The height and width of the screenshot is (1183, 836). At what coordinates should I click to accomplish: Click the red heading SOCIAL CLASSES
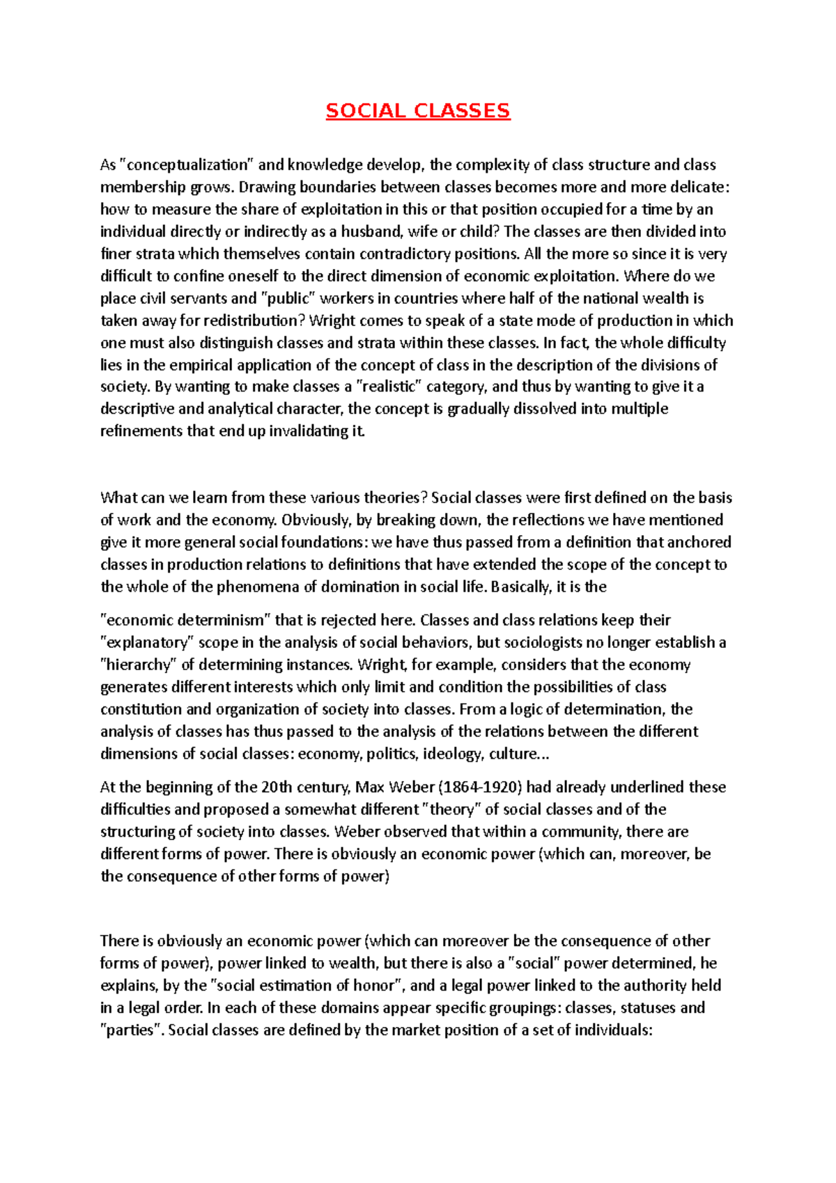418,111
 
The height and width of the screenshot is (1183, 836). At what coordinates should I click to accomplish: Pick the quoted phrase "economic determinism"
186,621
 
